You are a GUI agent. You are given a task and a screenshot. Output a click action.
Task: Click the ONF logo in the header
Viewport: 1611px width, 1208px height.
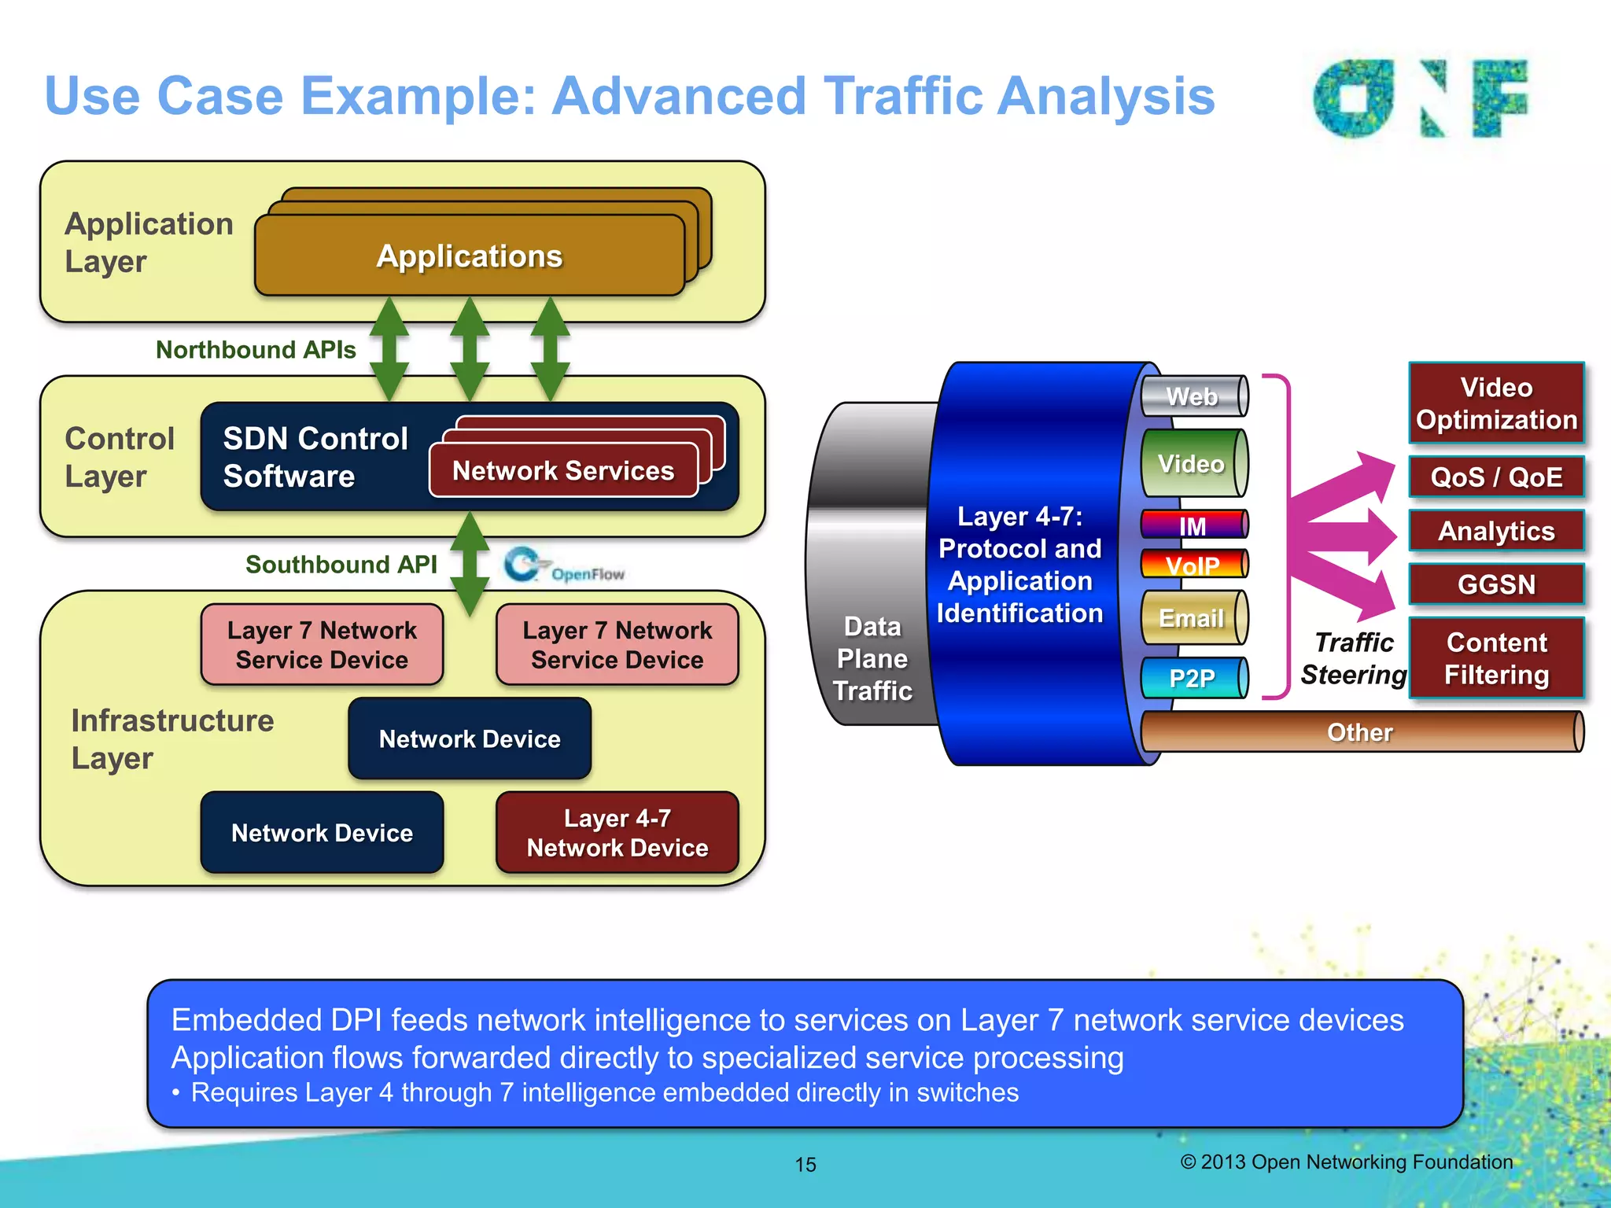coord(1421,98)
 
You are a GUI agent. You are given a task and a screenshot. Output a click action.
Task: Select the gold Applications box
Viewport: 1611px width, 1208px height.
coord(470,256)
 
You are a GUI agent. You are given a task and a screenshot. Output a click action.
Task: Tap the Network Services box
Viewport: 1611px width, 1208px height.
coord(563,470)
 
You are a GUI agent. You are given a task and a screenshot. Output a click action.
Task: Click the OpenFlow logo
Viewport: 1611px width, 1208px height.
coord(564,566)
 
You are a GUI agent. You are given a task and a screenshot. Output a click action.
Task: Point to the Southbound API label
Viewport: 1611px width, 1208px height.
coord(341,564)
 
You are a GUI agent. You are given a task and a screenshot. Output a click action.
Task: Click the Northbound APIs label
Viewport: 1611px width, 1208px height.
coord(256,349)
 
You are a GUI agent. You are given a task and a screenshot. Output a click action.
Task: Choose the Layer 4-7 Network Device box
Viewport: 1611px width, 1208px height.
coord(617,832)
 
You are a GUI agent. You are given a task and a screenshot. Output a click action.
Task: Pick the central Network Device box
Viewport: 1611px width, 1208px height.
coord(470,738)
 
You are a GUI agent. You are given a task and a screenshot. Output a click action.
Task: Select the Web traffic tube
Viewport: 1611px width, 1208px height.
coord(1193,396)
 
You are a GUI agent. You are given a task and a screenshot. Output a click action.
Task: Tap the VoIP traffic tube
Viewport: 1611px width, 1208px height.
coord(1193,564)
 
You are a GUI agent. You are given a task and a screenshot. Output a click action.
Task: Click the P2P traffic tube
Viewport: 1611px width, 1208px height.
coord(1193,677)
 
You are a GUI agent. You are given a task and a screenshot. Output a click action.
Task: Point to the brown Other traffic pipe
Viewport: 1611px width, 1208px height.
coord(1360,732)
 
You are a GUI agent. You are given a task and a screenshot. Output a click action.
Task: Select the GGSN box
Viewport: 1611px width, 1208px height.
coord(1496,584)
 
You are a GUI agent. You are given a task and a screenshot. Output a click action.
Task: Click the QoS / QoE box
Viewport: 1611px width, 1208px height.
coord(1496,477)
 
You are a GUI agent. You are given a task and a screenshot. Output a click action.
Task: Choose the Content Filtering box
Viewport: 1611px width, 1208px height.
coord(1496,658)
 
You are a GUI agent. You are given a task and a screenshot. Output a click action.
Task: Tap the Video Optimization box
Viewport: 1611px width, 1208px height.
coord(1496,403)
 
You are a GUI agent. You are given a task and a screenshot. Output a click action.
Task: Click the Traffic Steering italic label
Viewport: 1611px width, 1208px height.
coord(1354,658)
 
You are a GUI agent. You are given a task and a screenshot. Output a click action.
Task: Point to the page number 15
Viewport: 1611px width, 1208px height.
coord(805,1164)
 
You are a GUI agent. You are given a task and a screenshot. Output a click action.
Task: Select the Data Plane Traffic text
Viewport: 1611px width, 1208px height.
coord(872,658)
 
